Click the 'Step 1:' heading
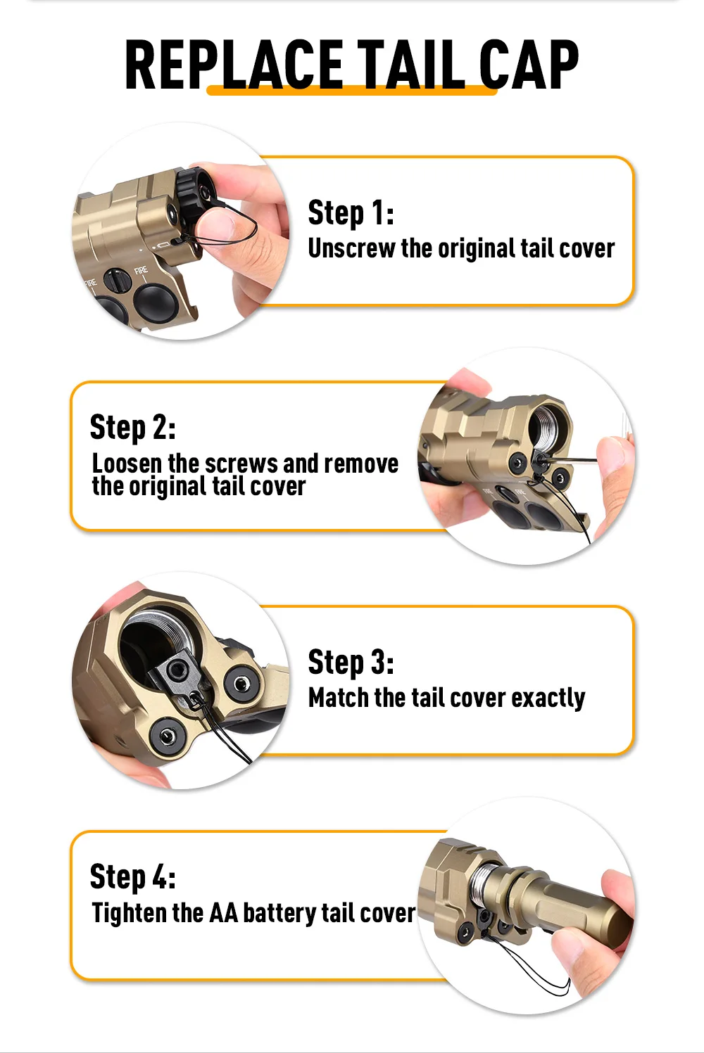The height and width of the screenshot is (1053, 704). (351, 213)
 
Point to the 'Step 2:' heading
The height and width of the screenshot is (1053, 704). (133, 427)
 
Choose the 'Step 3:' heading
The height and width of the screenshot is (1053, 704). (351, 663)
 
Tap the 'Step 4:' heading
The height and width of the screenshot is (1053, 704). (133, 876)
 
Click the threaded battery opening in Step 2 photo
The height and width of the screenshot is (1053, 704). (545, 426)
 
